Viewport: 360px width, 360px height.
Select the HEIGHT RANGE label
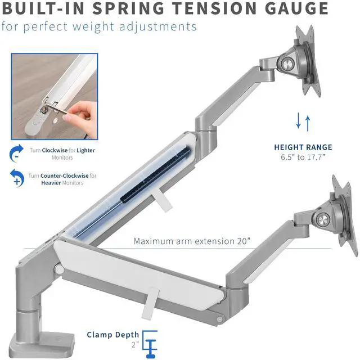click(303, 147)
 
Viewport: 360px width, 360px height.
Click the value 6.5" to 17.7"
click(303, 157)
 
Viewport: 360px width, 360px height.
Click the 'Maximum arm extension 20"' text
click(192, 241)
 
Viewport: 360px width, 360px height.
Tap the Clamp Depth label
click(112, 335)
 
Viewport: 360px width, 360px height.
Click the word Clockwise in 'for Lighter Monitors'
click(57, 150)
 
